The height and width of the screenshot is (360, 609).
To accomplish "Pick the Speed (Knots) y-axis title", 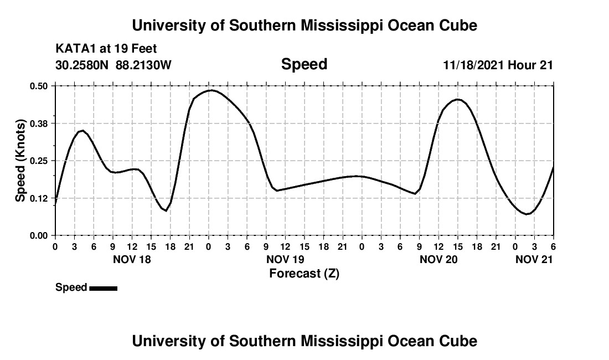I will [20, 161].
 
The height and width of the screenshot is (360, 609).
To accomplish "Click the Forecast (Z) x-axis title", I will [304, 273].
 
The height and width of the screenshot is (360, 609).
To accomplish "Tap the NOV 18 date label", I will [132, 259].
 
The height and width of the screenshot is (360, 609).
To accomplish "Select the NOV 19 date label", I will [285, 259].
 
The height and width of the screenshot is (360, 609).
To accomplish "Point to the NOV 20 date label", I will [438, 259].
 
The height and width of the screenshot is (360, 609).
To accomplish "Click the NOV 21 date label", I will [534, 259].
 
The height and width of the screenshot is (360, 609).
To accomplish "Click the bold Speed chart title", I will [304, 64].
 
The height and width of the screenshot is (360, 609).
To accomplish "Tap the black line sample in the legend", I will [103, 288].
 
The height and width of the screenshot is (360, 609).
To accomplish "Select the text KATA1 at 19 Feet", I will [102, 49].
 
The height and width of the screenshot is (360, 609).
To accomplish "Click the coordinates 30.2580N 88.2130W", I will [113, 65].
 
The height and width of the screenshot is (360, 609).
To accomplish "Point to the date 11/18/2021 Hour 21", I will [498, 65].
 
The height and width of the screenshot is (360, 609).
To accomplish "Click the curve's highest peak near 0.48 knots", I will [211, 90].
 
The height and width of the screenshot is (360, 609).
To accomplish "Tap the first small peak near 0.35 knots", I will [82, 131].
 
